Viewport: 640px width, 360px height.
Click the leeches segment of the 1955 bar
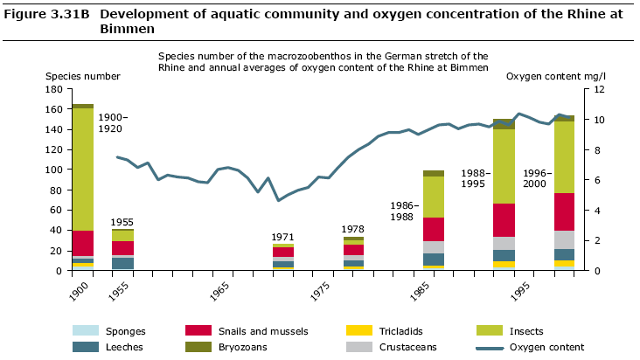pyautogui.click(x=123, y=263)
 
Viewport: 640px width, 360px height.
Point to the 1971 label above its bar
pyautogui.click(x=282, y=237)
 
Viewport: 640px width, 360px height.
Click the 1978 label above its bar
pyautogui.click(x=352, y=229)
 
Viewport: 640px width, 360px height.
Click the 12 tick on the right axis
pyautogui.click(x=597, y=89)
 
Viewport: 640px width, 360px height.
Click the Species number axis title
pyautogui.click(x=82, y=76)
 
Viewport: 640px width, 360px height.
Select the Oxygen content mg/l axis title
pyautogui.click(x=555, y=76)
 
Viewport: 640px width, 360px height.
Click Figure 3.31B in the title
pyautogui.click(x=44, y=15)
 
